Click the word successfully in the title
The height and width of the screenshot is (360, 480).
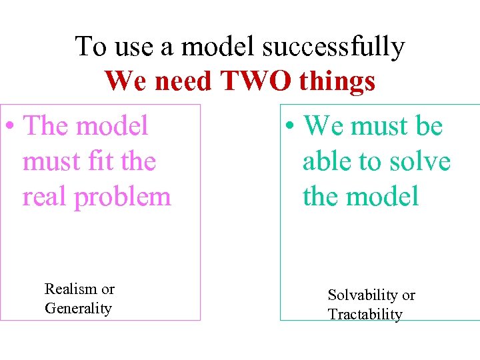[x=333, y=47]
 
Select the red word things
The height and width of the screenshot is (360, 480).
[x=337, y=82]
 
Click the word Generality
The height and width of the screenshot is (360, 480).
[x=78, y=308]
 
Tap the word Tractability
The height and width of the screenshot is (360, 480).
[x=365, y=314]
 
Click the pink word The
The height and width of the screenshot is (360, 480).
[x=49, y=126]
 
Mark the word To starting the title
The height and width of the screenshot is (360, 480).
[x=91, y=47]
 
